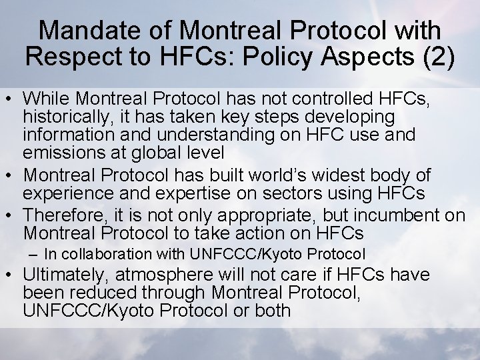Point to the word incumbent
click(x=403, y=215)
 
